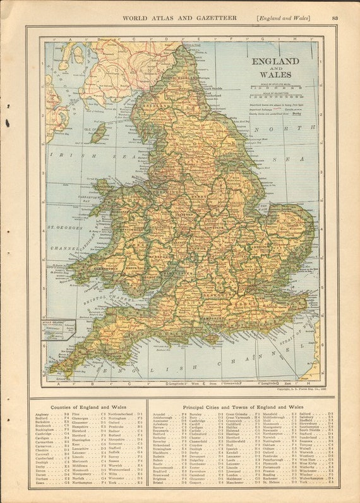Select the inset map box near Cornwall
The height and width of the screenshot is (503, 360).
point(59,329)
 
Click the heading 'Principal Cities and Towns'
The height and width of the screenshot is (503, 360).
point(243,408)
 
